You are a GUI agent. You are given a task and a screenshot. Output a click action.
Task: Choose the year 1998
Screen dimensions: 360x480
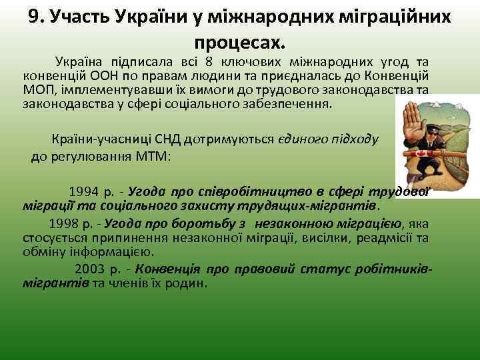(x=63, y=223)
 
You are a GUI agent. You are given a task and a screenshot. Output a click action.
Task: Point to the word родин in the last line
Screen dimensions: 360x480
(x=189, y=283)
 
